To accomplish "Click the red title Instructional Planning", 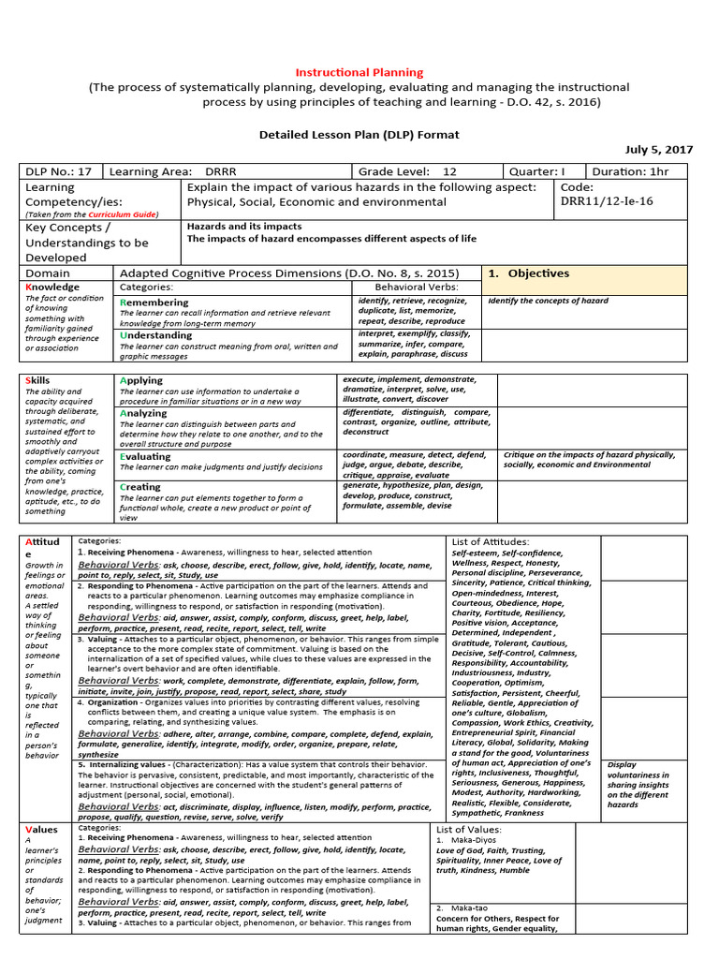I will point(359,72).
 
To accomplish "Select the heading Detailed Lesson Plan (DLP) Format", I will point(359,134).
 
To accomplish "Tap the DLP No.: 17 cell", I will point(60,171).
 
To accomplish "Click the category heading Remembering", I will point(154,302).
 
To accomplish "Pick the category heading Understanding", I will point(156,334).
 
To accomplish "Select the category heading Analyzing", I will point(143,412).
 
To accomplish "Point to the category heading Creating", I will point(140,487).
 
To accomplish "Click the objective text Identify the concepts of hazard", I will point(548,301).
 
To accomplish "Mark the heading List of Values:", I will point(469,829).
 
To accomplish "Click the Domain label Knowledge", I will point(52,287).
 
